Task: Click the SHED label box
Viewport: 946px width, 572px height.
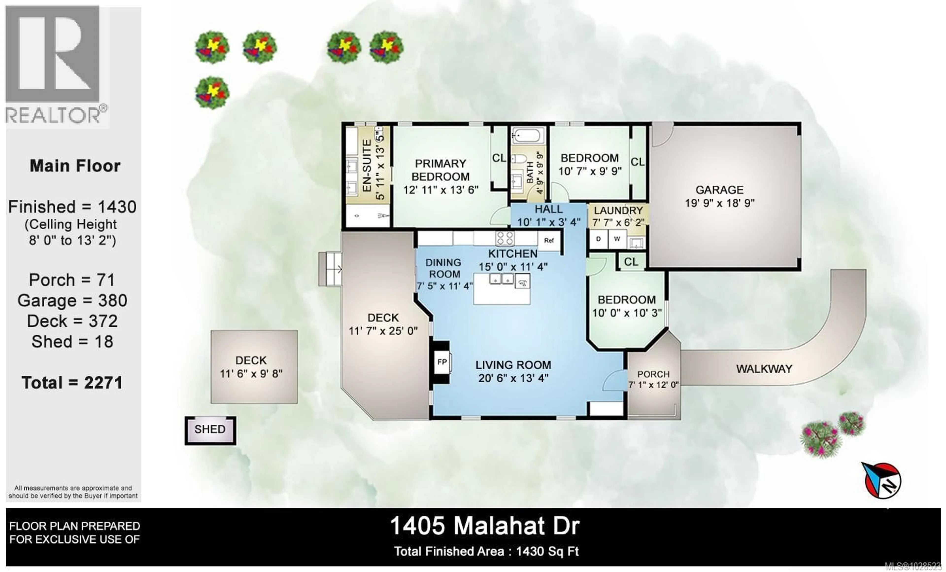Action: tap(210, 429)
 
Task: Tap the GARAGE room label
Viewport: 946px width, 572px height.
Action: tap(720, 190)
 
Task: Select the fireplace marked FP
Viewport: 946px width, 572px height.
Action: tap(442, 362)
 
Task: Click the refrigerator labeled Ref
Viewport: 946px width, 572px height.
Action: tap(549, 240)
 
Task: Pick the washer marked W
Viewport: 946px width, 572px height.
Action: tap(617, 239)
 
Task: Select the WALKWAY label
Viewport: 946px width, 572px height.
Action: tap(764, 369)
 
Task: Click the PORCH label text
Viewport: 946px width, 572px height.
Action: tap(653, 374)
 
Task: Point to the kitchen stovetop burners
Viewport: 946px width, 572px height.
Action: tap(505, 238)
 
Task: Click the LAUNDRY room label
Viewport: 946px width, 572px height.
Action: tap(618, 211)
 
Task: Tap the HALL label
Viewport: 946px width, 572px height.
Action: tap(549, 209)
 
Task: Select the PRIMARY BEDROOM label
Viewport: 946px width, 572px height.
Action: tap(440, 170)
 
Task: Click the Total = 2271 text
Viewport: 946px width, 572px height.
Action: tap(72, 383)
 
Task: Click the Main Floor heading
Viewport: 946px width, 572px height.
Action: tap(75, 166)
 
